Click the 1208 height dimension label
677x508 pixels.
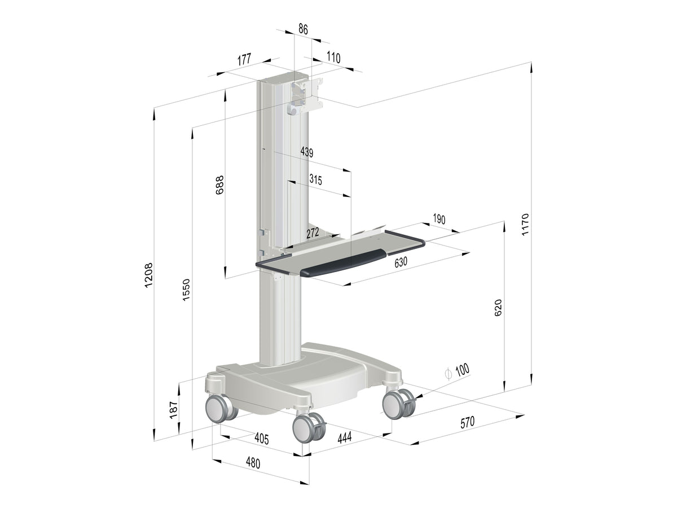click(149, 275)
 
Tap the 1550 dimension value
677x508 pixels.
click(186, 290)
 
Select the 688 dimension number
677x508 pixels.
click(219, 185)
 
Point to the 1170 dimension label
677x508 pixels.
click(525, 225)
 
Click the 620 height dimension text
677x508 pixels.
click(498, 308)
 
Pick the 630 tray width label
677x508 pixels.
click(401, 262)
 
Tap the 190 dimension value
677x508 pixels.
click(439, 219)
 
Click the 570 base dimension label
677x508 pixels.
click(467, 423)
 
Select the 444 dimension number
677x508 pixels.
click(345, 437)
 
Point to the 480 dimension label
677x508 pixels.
click(253, 463)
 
